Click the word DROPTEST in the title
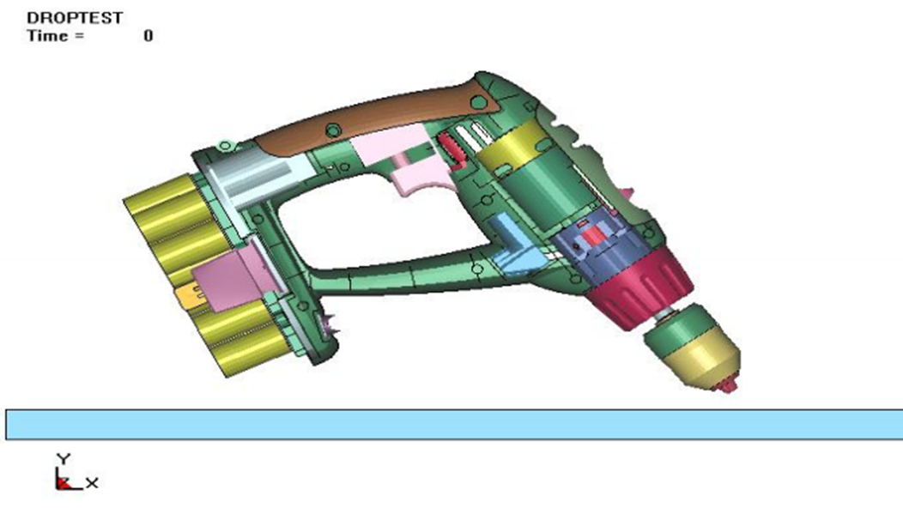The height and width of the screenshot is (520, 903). click(75, 18)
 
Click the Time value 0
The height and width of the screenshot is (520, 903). click(148, 36)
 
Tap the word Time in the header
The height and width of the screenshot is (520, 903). click(47, 36)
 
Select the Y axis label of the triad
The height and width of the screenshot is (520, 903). click(64, 458)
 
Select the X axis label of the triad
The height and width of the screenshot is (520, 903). click(92, 482)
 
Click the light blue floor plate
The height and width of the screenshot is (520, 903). click(454, 425)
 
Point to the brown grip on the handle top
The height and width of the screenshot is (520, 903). click(374, 118)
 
